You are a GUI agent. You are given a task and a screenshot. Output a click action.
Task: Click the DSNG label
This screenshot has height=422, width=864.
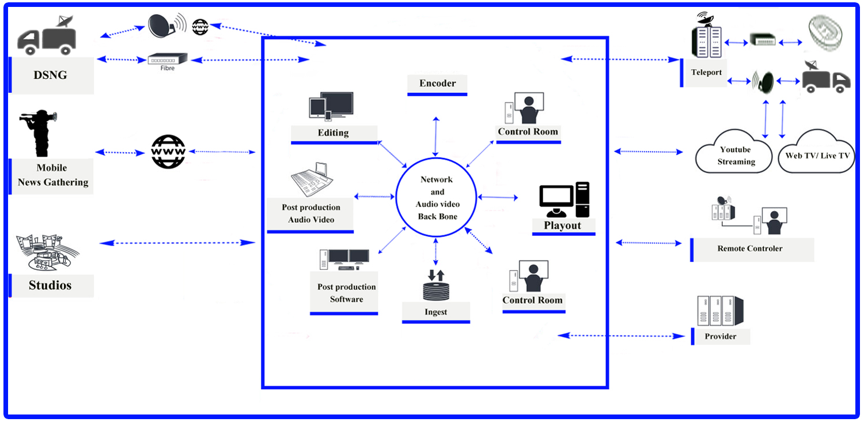point(51,74)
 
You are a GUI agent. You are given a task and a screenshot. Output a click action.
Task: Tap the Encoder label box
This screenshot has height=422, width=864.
point(437,84)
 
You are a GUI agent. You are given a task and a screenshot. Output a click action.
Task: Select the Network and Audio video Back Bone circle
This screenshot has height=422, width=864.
point(437,197)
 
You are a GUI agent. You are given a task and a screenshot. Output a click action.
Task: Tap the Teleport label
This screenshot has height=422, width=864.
point(706,73)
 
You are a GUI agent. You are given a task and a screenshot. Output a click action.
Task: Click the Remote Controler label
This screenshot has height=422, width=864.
point(749,248)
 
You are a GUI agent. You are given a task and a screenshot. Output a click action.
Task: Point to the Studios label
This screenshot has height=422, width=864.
point(50,285)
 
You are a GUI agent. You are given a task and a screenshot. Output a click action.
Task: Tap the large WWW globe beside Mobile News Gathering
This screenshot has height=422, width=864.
point(168,152)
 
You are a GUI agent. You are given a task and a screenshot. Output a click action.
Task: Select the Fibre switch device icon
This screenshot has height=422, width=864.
point(168,58)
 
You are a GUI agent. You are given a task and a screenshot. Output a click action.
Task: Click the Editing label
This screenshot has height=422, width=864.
point(333,133)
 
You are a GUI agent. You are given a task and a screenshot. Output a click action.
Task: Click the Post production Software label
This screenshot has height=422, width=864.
point(346,293)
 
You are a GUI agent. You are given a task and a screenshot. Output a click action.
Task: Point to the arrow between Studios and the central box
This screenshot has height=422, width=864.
point(177,243)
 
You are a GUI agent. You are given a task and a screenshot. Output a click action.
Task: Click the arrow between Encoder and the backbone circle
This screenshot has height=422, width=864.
point(437,136)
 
